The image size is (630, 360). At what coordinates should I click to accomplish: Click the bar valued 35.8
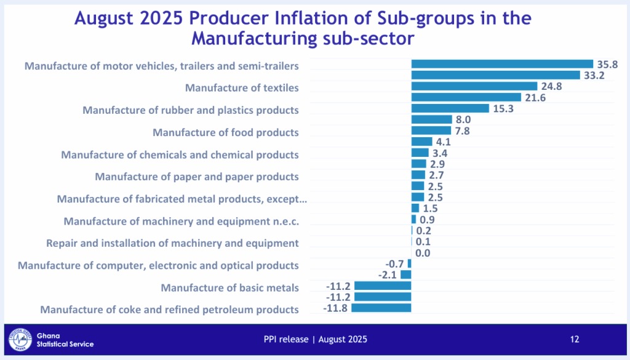(502, 64)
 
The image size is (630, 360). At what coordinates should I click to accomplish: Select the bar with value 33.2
(495, 75)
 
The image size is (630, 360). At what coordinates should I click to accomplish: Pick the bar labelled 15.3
(450, 108)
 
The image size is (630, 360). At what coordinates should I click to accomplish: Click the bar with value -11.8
(381, 308)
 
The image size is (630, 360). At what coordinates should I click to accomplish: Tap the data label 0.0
(423, 253)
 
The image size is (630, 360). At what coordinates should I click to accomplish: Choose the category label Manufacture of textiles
(242, 88)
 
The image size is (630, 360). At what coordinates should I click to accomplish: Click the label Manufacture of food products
(226, 132)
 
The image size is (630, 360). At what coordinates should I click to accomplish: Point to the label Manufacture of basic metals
(230, 287)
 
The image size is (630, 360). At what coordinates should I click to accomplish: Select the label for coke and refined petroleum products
(170, 310)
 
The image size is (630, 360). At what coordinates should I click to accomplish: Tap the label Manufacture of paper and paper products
(197, 177)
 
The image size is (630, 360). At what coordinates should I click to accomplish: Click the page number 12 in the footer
(575, 339)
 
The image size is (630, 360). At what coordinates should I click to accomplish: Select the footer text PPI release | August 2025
(316, 339)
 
